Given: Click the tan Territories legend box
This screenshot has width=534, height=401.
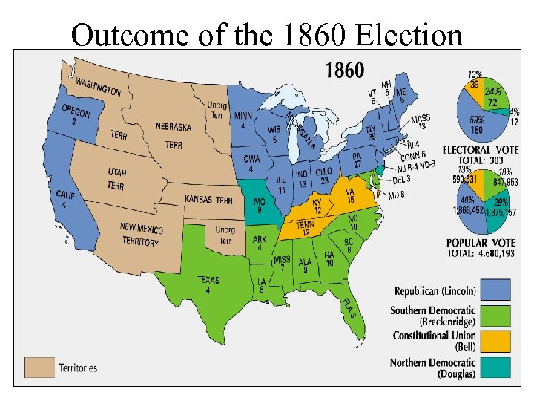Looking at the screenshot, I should (39, 367).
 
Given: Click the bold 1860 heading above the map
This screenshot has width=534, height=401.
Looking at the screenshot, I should (344, 71).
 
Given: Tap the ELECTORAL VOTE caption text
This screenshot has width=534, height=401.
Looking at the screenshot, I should (481, 149).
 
